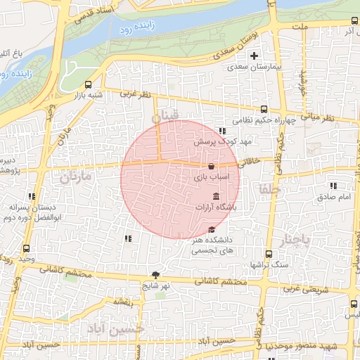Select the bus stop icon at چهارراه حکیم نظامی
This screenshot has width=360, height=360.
pos(264,109)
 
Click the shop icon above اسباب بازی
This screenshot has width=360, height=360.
pos(212,167)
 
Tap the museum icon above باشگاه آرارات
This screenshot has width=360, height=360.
pos(215,195)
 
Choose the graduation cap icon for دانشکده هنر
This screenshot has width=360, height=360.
pos(212,230)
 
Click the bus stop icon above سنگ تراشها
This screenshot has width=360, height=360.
pos(269,255)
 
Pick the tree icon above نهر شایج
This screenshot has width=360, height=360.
pos(155,275)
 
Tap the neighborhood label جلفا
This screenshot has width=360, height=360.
pos(269,189)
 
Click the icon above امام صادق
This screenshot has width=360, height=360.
pos(333,186)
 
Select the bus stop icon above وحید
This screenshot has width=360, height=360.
pos(27,248)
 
